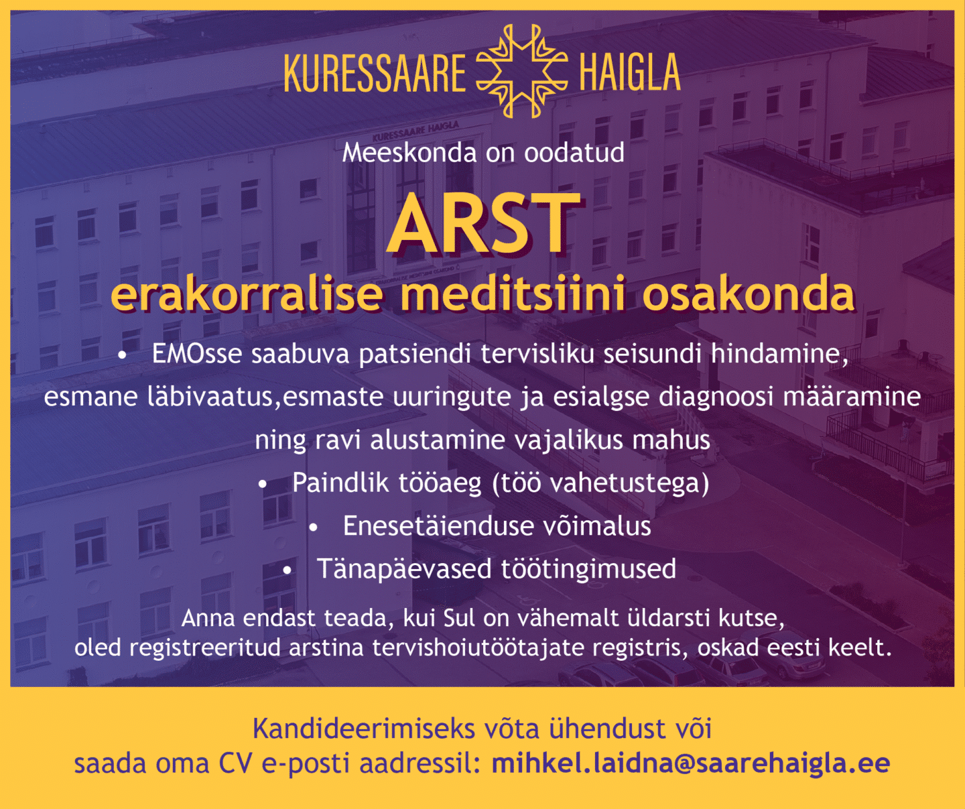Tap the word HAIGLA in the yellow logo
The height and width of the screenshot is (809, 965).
coord(630,72)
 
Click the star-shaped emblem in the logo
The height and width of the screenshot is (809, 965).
coord(522,71)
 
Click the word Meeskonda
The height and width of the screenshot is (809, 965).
coord(409,153)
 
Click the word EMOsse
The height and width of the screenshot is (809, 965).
coord(197,354)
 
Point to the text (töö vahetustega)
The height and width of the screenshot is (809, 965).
coord(600,484)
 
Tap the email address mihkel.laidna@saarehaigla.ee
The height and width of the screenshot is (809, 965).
coord(690,763)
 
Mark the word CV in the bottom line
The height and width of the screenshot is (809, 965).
coord(235,763)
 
